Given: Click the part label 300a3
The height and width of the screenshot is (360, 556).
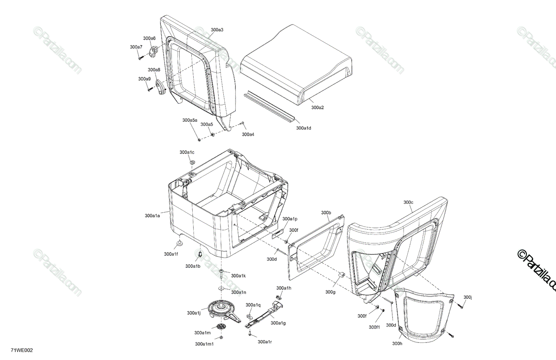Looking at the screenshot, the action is tap(217, 30).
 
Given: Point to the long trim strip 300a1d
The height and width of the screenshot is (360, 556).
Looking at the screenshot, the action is tap(268, 106).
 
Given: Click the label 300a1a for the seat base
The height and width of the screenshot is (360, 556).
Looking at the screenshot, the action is tap(152, 215).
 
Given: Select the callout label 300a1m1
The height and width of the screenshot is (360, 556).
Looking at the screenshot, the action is tap(204, 344).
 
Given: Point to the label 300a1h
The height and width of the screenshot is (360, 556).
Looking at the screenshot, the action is tap(284, 288).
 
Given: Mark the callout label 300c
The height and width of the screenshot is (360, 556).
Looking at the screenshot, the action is tap(408, 202).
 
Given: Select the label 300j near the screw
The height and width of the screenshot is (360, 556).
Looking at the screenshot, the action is tap(468, 297).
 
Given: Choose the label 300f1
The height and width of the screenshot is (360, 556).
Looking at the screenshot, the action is tap(374, 327).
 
